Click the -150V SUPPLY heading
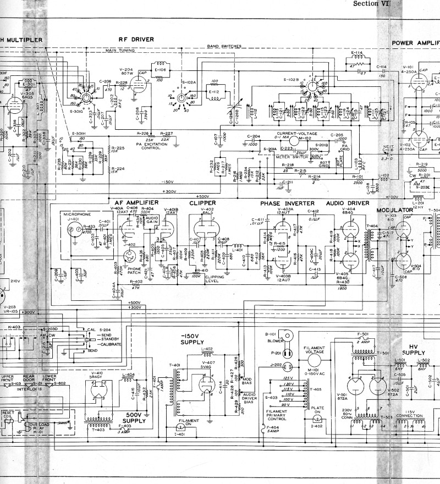click(x=193, y=339)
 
